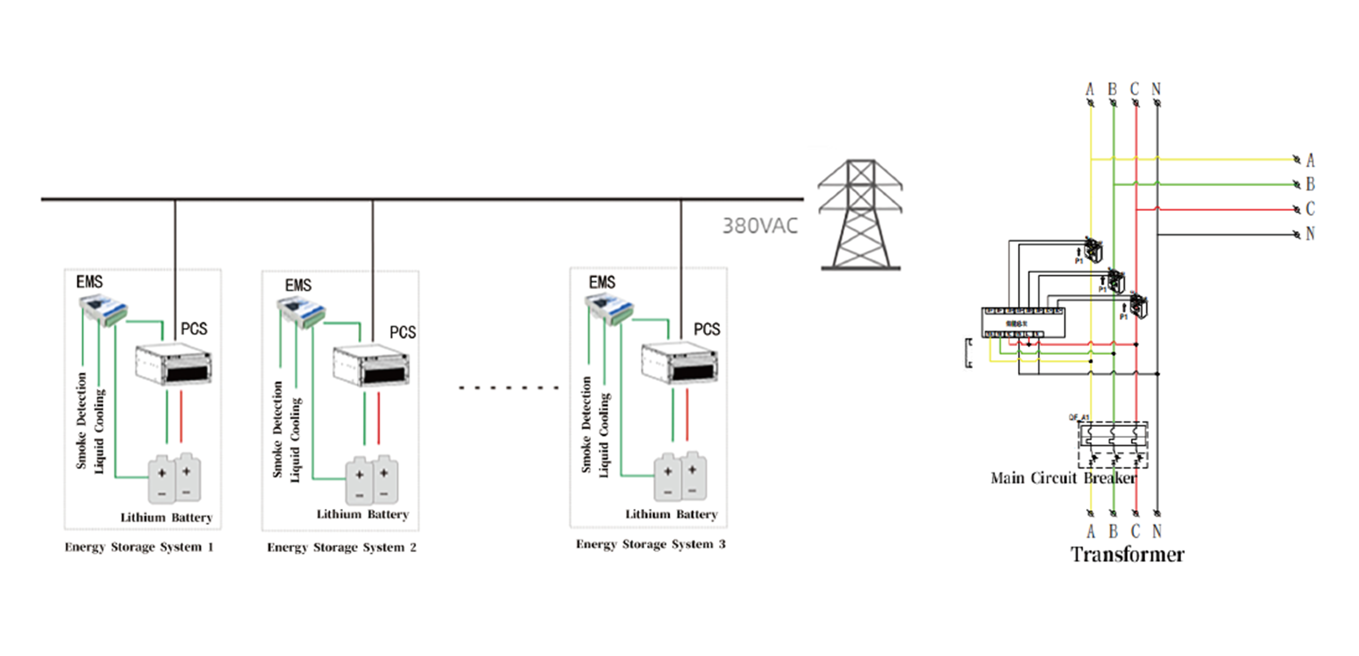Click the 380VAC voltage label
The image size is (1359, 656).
760,226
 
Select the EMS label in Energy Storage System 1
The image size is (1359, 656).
90,281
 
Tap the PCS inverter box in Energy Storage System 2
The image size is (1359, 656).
371,365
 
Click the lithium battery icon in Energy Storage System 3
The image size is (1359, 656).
680,477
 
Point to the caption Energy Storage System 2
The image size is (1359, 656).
342,548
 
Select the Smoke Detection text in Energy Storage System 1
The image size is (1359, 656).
81,420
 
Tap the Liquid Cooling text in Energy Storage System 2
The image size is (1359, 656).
296,440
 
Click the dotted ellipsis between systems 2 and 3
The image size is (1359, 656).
509,388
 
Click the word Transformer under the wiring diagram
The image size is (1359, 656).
1127,554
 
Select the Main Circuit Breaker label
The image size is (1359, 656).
1063,478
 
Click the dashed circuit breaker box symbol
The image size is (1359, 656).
1113,445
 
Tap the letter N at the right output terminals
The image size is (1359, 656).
1310,234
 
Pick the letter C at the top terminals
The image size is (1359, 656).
1134,89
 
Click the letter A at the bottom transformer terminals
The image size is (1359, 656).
1090,532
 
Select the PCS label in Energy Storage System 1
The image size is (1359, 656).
194,329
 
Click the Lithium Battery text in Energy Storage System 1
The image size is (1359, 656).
166,518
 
